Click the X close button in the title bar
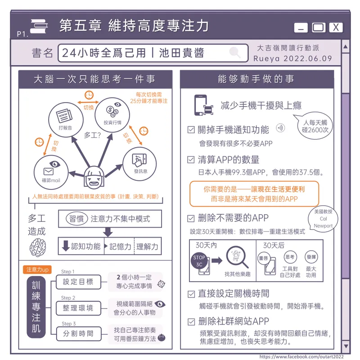point(336,27)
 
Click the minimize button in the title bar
point(301,27)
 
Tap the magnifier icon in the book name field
point(235,52)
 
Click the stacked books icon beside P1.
point(39,26)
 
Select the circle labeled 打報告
point(66,120)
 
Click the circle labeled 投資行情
point(112,115)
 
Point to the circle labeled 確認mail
point(51,172)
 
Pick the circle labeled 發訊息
point(139,164)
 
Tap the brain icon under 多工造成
point(38,247)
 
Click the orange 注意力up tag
point(37,269)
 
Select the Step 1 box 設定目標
point(78,282)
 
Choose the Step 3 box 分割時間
point(78,333)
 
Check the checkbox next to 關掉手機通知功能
point(191,130)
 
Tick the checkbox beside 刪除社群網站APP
point(191,322)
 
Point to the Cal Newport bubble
point(323,219)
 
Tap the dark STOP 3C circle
point(199,261)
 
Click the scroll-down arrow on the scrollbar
point(346,346)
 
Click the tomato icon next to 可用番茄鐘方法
point(162,337)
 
